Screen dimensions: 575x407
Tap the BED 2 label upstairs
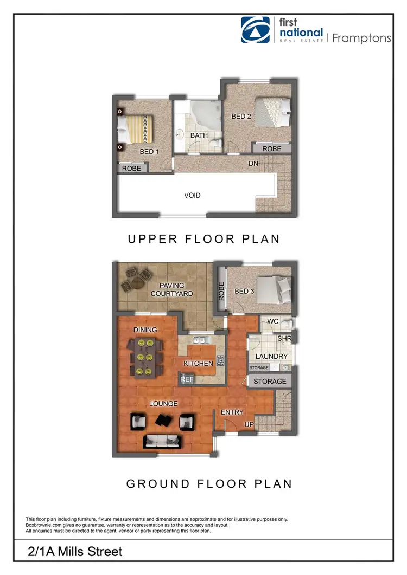(x=241, y=117)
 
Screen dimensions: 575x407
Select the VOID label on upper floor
(x=192, y=195)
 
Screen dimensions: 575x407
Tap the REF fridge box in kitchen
(x=187, y=379)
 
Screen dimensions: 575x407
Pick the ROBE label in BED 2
(x=271, y=148)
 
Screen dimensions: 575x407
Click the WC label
(x=273, y=322)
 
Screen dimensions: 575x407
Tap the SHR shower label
(x=284, y=338)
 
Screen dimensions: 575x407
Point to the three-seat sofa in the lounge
(x=162, y=441)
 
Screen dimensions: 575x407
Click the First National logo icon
(x=256, y=30)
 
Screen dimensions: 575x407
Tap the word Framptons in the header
(x=361, y=38)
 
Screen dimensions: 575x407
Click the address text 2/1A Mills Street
(x=75, y=552)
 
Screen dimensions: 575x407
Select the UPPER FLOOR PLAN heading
(x=204, y=239)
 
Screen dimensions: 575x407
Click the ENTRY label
(x=232, y=412)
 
